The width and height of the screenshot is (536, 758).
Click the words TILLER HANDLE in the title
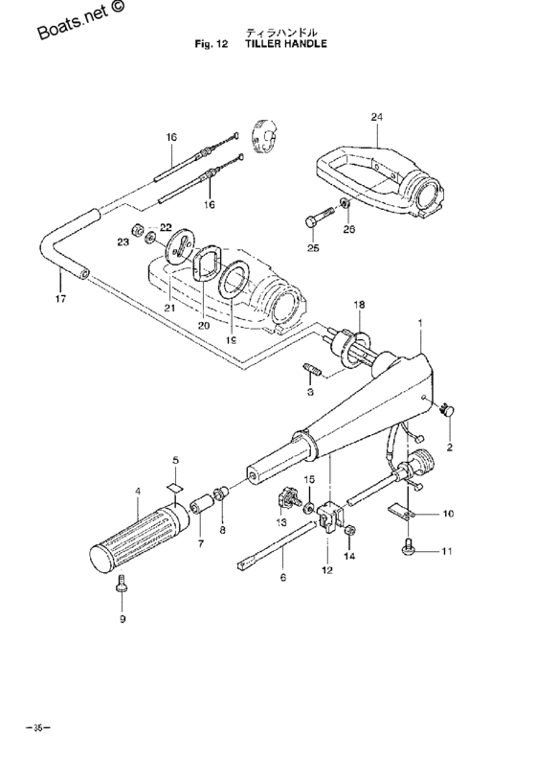click(286, 44)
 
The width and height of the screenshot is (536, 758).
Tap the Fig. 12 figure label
click(211, 44)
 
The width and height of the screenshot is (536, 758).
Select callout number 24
click(377, 117)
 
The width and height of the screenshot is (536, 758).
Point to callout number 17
click(60, 299)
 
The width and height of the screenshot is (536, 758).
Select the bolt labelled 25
click(319, 218)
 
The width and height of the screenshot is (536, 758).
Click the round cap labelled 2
click(447, 410)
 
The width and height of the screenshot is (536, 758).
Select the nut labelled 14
click(350, 530)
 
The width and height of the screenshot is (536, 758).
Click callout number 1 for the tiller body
click(420, 321)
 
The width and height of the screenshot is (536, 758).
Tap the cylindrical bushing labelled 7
click(201, 506)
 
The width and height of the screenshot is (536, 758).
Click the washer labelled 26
click(346, 202)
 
